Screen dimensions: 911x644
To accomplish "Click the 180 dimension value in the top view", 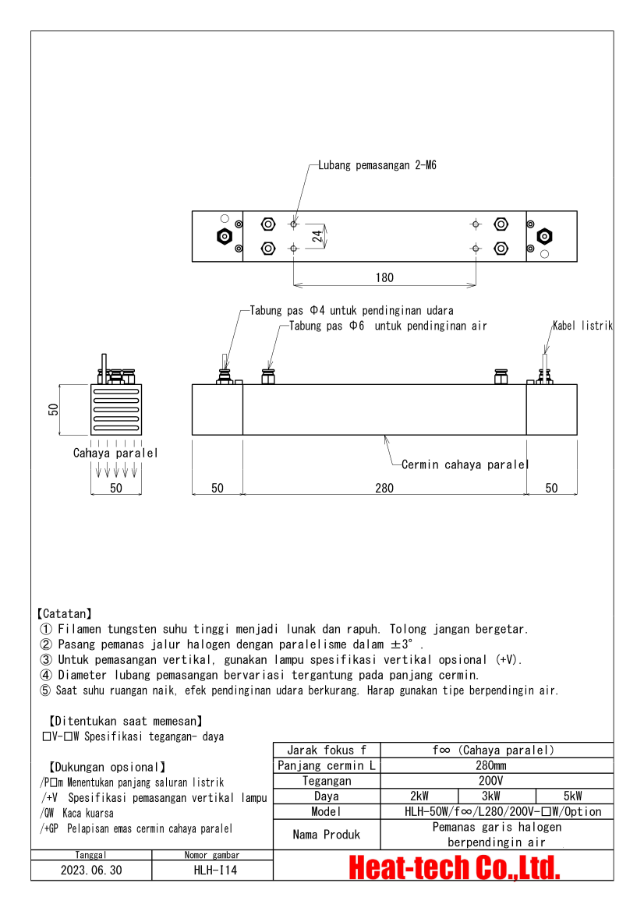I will pyautogui.click(x=384, y=277).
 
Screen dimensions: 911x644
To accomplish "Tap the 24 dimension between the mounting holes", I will pyautogui.click(x=317, y=236).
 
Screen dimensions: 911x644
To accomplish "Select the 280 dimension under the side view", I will pyautogui.click(x=384, y=488).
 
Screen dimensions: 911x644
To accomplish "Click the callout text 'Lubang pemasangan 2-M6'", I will pyautogui.click(x=377, y=165).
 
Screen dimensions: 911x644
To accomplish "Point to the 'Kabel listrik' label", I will pyautogui.click(x=582, y=326).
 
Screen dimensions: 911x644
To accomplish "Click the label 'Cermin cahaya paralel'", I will pyautogui.click(x=465, y=464).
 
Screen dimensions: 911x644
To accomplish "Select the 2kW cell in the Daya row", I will pyautogui.click(x=419, y=796).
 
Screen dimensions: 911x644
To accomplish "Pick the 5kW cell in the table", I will pyautogui.click(x=571, y=796).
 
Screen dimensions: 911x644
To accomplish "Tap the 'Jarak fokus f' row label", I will pyautogui.click(x=327, y=750).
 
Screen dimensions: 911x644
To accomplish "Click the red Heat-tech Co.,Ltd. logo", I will pyautogui.click(x=454, y=867).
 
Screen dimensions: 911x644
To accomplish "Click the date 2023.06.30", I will pyautogui.click(x=91, y=870).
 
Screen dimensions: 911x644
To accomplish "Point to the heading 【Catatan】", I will pyautogui.click(x=64, y=614).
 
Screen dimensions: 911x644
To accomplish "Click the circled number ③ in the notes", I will pyautogui.click(x=46, y=659).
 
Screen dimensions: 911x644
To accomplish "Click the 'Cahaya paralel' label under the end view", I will pyautogui.click(x=115, y=453).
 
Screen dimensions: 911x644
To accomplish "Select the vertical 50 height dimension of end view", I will pyautogui.click(x=54, y=409).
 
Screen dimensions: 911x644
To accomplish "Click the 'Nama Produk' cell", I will pyautogui.click(x=327, y=834).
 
